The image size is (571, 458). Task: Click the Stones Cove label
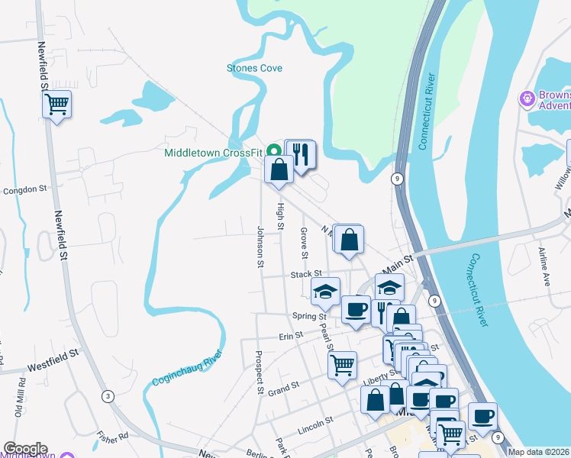point(254,69)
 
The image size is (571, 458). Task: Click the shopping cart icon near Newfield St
point(57,104)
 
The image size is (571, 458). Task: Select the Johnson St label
point(260,247)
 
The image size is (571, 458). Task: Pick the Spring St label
point(309,316)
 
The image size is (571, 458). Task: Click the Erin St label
point(291,335)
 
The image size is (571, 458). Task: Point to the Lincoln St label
point(316,421)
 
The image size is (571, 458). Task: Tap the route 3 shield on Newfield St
point(108,396)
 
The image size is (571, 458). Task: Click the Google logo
point(25,449)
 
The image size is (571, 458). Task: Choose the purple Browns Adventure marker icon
point(526,98)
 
